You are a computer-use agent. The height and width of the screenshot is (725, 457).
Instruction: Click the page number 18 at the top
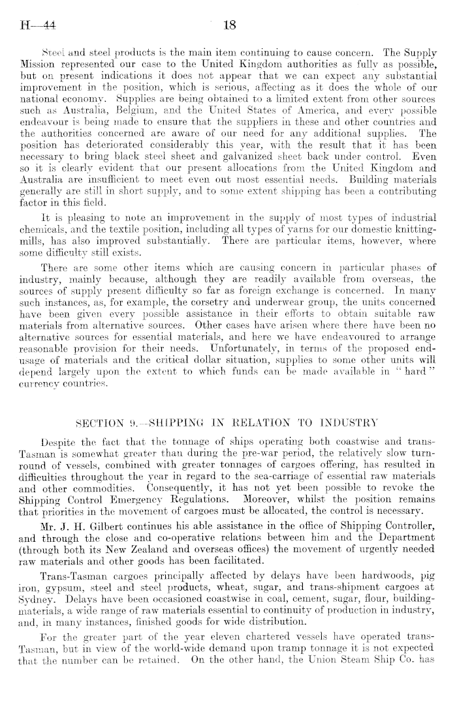click(x=229, y=26)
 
